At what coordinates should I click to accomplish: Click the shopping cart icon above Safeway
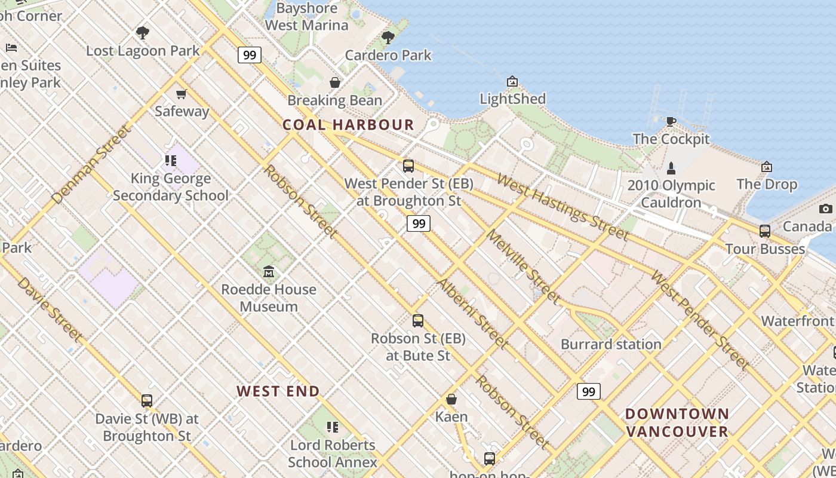(x=181, y=94)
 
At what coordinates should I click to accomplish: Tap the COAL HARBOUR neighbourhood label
(x=348, y=125)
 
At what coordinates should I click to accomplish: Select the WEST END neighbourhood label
(x=278, y=391)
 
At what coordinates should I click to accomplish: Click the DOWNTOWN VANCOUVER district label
(x=677, y=422)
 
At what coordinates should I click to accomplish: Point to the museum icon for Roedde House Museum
(x=269, y=272)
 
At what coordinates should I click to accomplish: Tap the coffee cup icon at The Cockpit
(x=671, y=122)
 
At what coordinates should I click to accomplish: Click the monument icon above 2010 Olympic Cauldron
(x=671, y=168)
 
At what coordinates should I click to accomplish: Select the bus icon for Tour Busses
(x=765, y=231)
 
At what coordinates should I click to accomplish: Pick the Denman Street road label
(x=91, y=164)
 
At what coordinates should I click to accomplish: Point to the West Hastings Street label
(x=563, y=207)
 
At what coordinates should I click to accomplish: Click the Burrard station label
(x=611, y=344)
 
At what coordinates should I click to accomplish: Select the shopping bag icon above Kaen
(x=451, y=399)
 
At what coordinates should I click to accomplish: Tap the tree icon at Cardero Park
(x=388, y=38)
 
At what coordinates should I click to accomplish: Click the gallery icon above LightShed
(x=512, y=81)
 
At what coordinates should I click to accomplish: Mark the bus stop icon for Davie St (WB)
(x=147, y=401)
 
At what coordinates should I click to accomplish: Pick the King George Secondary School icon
(x=171, y=161)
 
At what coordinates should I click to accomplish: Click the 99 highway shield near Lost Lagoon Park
(x=250, y=55)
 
